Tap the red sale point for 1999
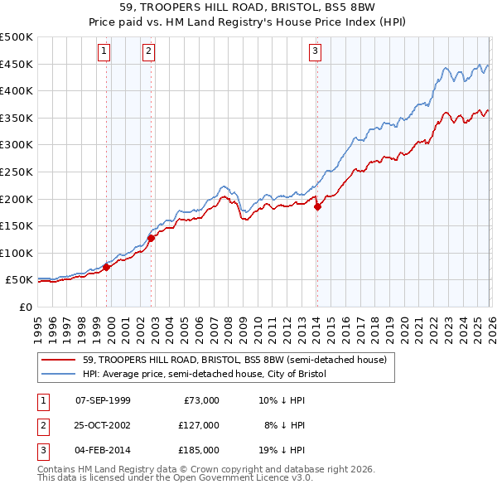106,267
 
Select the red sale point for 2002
152,238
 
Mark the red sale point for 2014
317,207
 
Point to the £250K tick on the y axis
17,172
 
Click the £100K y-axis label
17,253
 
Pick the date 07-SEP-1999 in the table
103,399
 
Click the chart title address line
248,9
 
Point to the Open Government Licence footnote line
175,478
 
